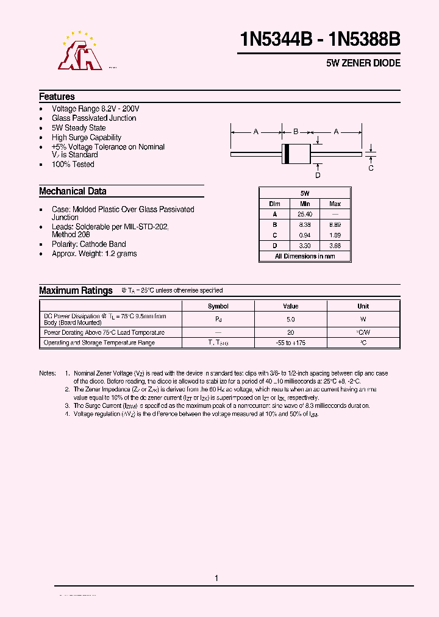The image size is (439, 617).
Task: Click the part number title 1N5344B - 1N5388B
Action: click(x=320, y=40)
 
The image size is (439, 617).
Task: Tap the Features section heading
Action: click(x=57, y=96)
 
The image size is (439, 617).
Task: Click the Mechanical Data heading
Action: click(x=73, y=191)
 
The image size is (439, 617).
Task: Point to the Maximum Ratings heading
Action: click(x=76, y=291)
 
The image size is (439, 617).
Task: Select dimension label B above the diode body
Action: click(x=296, y=132)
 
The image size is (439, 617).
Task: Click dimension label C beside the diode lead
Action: click(x=371, y=168)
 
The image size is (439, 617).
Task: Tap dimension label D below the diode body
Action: click(x=318, y=176)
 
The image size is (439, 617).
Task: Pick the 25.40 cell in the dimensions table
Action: click(x=305, y=214)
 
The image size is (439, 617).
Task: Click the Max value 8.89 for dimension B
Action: click(x=335, y=224)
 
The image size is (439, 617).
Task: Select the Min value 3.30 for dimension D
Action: click(x=305, y=246)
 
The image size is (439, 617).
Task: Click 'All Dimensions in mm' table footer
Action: click(x=305, y=256)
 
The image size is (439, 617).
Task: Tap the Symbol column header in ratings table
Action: click(x=218, y=306)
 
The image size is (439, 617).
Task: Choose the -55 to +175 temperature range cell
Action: click(x=290, y=343)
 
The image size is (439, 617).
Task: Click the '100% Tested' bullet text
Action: click(x=73, y=164)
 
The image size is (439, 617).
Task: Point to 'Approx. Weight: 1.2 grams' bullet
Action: click(x=94, y=254)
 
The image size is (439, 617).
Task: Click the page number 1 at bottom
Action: click(x=216, y=578)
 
